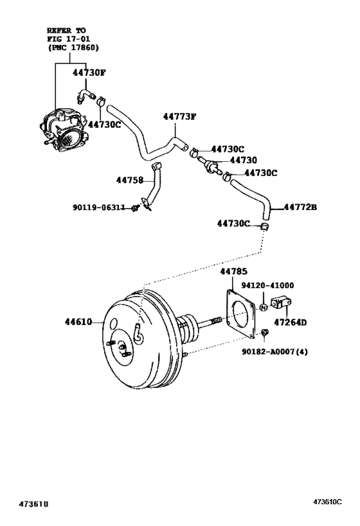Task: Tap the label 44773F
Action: tap(179, 117)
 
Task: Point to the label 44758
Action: tap(129, 180)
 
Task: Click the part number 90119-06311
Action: tap(100, 207)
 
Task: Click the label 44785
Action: tap(234, 272)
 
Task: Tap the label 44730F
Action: tap(88, 73)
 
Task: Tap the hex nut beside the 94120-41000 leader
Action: tap(263, 308)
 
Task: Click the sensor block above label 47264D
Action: tap(283, 302)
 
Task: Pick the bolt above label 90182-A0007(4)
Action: tap(264, 332)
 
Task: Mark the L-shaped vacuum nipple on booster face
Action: tap(137, 331)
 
